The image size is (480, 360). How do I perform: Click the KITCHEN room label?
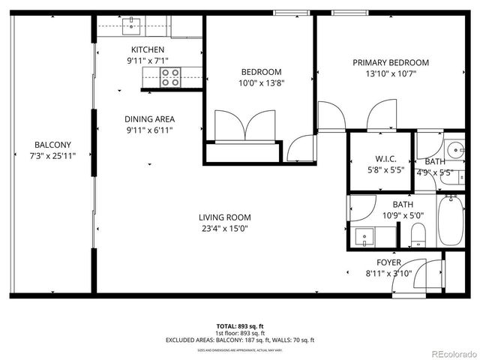[x=148, y=49]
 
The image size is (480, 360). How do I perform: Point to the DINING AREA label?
[x=149, y=119]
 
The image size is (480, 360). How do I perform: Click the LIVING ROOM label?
[x=224, y=217]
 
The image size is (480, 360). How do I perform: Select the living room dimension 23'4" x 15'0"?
[x=224, y=229]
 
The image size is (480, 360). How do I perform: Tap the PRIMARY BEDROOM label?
[x=390, y=63]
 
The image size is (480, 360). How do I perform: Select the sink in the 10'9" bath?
[x=365, y=236]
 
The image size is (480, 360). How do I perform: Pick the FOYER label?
[x=388, y=262]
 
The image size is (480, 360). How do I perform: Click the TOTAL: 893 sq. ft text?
[x=240, y=326]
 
